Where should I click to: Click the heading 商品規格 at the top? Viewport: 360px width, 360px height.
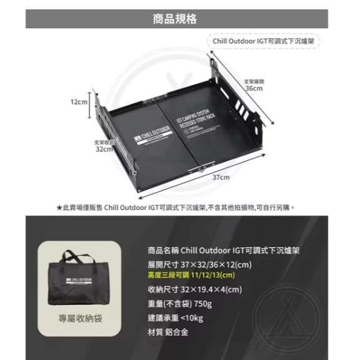click(179, 18)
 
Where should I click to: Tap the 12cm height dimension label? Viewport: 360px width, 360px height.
click(79, 102)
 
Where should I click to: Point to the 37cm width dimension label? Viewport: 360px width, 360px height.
click(220, 177)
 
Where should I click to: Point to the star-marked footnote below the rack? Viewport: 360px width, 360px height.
click(176, 207)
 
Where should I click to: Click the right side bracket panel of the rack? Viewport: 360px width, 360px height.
click(247, 112)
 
